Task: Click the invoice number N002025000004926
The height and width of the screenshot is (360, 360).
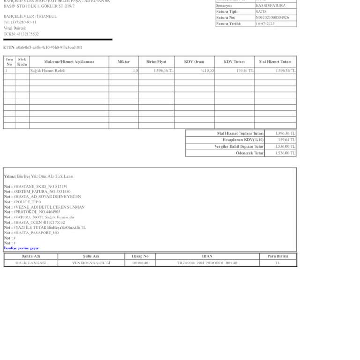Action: click(272, 17)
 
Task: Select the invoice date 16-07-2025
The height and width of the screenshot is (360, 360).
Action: click(265, 23)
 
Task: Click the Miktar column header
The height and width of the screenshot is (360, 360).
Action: click(124, 62)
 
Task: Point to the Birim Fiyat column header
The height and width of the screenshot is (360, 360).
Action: click(156, 62)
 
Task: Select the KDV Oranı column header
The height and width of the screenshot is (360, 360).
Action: click(194, 62)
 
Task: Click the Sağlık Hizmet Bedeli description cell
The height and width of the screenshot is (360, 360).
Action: click(48, 71)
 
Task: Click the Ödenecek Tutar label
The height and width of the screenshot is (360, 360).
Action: click(249, 153)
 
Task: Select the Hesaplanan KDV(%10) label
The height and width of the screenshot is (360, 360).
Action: click(243, 140)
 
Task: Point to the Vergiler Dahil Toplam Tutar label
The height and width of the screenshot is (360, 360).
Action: click(239, 147)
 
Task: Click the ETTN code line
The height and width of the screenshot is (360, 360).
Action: click(43, 47)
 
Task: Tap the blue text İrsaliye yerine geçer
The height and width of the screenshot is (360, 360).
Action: click(22, 248)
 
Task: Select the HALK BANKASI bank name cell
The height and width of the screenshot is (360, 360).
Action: click(30, 263)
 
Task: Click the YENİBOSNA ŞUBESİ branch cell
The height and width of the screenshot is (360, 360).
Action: click(91, 263)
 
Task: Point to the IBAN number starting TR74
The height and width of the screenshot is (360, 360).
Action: click(207, 263)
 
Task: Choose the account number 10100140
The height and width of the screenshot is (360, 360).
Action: click(140, 263)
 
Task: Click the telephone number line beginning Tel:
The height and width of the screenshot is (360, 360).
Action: click(20, 22)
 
